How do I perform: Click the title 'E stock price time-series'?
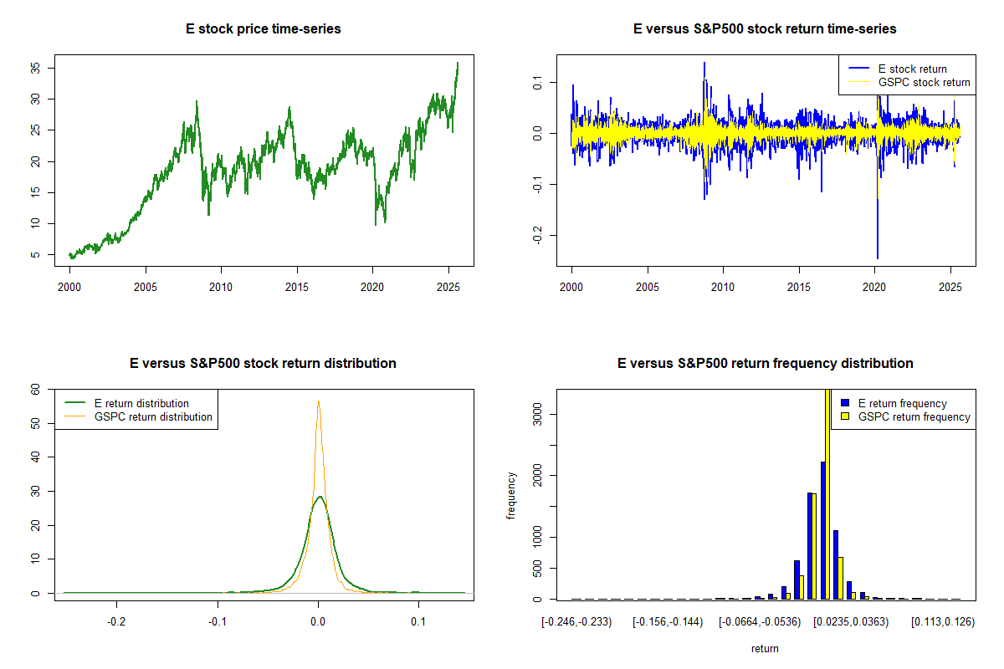(x=263, y=29)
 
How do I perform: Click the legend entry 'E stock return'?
(x=912, y=69)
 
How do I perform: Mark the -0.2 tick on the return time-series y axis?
(x=538, y=236)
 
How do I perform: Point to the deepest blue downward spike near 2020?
(x=877, y=255)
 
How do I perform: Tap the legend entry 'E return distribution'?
(x=141, y=403)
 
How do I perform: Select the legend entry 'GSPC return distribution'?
(x=153, y=416)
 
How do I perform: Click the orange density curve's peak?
(x=318, y=401)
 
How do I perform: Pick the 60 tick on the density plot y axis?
(x=36, y=389)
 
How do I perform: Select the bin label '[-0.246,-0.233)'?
(x=580, y=622)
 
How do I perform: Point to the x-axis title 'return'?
(x=765, y=648)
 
